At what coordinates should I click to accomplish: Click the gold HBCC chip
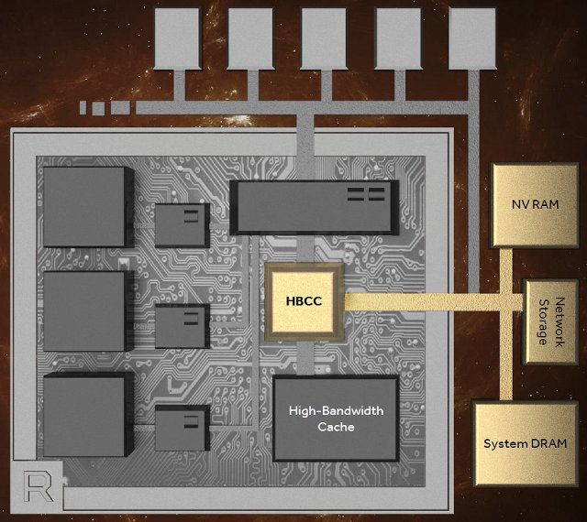302,301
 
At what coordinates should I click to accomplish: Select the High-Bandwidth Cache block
336,419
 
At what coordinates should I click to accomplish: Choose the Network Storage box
549,321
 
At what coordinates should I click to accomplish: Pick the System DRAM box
525,443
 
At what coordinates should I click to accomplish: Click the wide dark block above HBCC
313,205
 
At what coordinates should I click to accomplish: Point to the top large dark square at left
83,206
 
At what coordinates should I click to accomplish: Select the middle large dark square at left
83,310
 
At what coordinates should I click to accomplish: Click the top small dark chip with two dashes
181,224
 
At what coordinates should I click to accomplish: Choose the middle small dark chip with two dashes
182,325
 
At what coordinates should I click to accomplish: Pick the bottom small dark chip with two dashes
182,428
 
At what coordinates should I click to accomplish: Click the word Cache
336,427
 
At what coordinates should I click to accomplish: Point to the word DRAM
547,443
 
